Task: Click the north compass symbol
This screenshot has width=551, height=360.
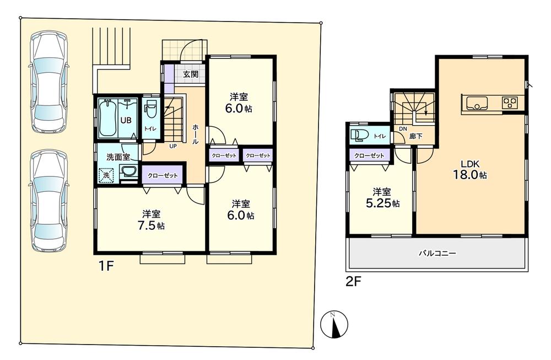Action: tap(332, 324)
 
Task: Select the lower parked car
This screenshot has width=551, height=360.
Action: tap(48, 201)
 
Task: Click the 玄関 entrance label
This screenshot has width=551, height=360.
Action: tap(191, 73)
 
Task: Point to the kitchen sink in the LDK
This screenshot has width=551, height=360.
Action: tap(477, 103)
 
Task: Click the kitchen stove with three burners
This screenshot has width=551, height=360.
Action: tap(510, 103)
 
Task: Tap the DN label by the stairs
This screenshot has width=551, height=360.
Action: tap(402, 130)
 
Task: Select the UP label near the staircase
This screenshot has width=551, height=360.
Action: tap(172, 147)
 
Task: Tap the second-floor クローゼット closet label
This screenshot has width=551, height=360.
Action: tap(369, 156)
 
